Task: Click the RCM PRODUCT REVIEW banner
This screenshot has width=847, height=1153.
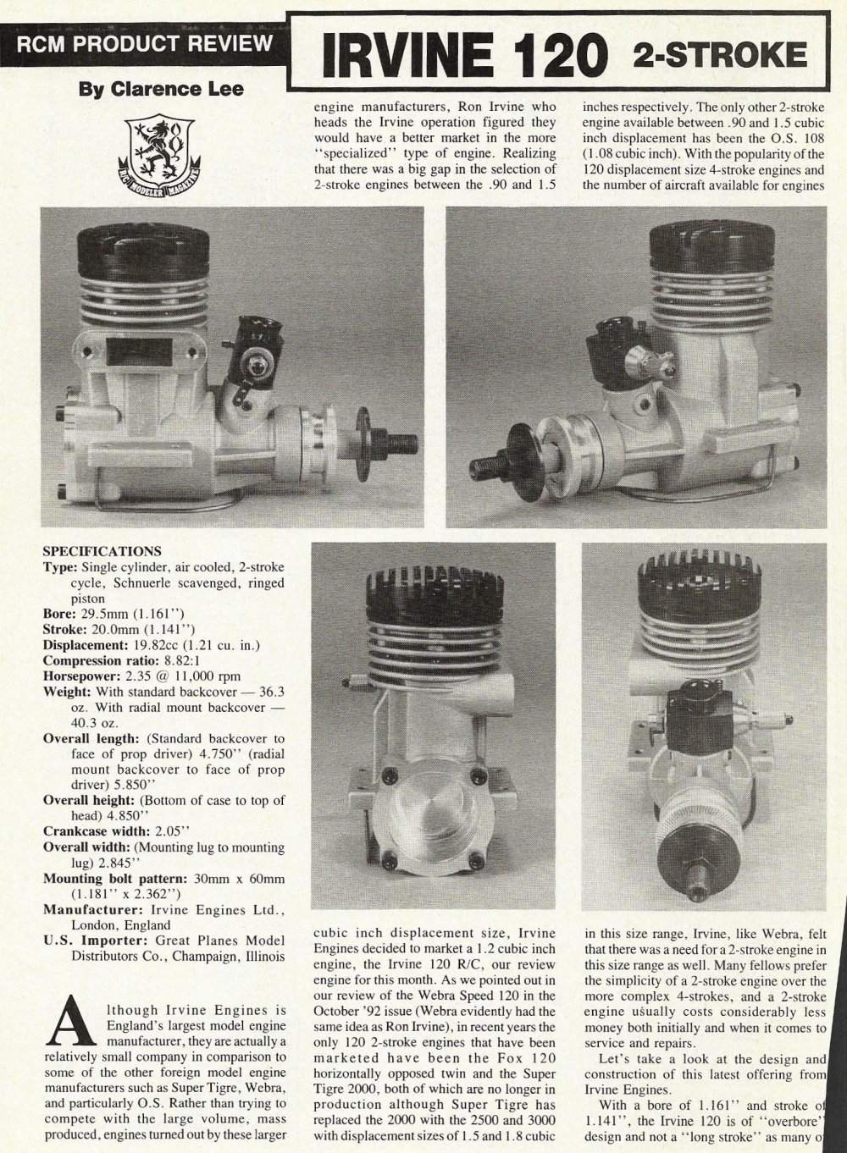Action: pyautogui.click(x=144, y=43)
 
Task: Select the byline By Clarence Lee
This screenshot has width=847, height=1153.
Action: pyautogui.click(x=161, y=89)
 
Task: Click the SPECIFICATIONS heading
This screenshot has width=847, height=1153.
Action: pyautogui.click(x=102, y=551)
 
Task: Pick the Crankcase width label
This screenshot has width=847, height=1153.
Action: pyautogui.click(x=92, y=831)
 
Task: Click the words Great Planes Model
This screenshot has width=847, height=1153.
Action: pyautogui.click(x=220, y=941)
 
